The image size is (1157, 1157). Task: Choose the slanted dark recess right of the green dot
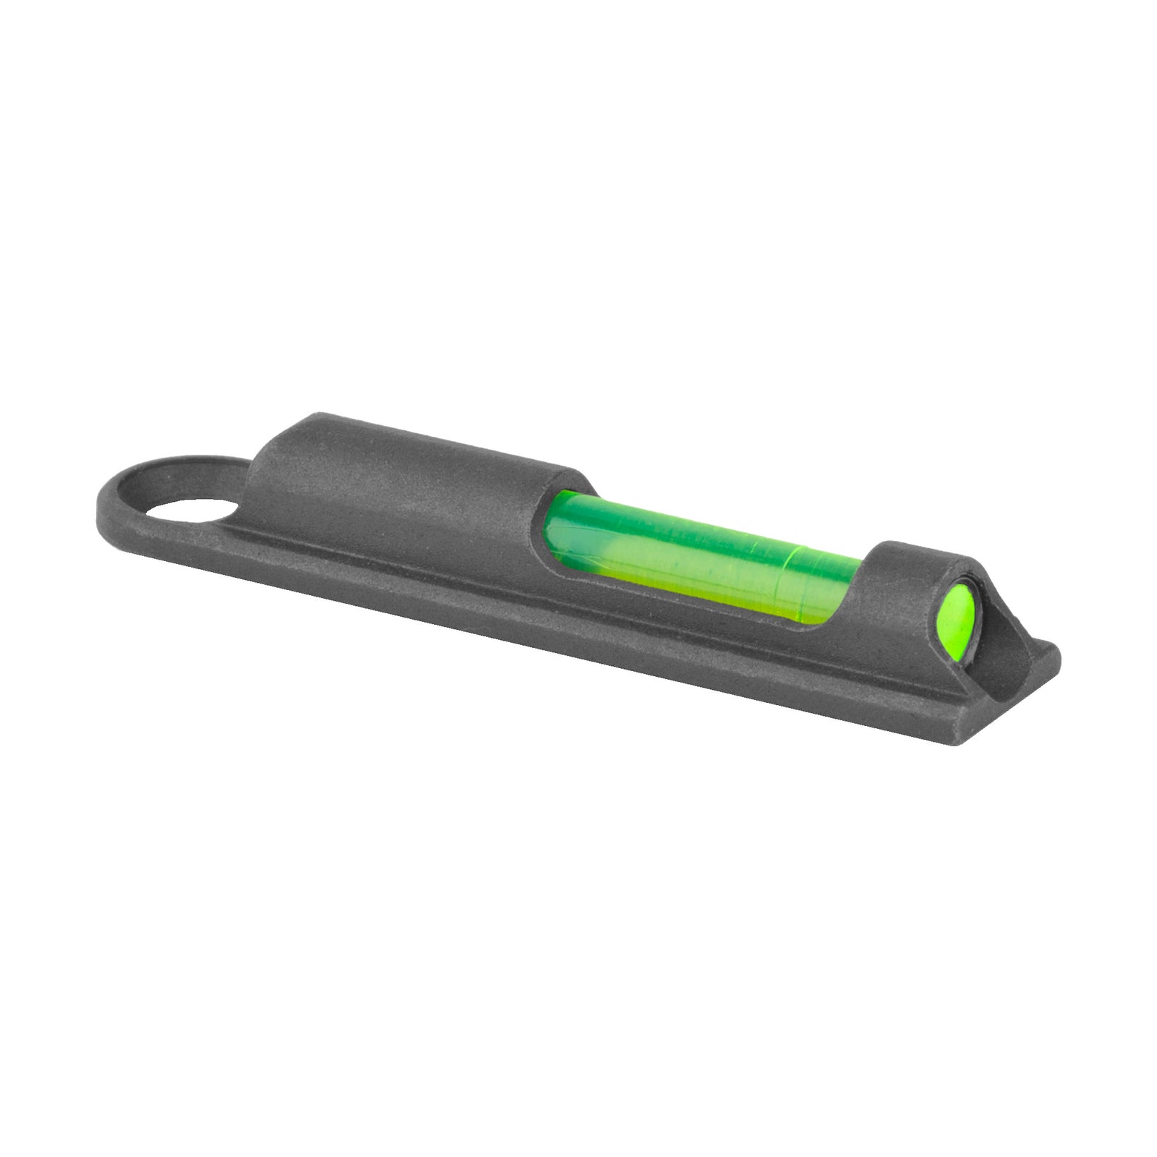pyautogui.click(x=1002, y=622)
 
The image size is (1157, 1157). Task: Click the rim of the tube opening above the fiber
pyautogui.click(x=571, y=483)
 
